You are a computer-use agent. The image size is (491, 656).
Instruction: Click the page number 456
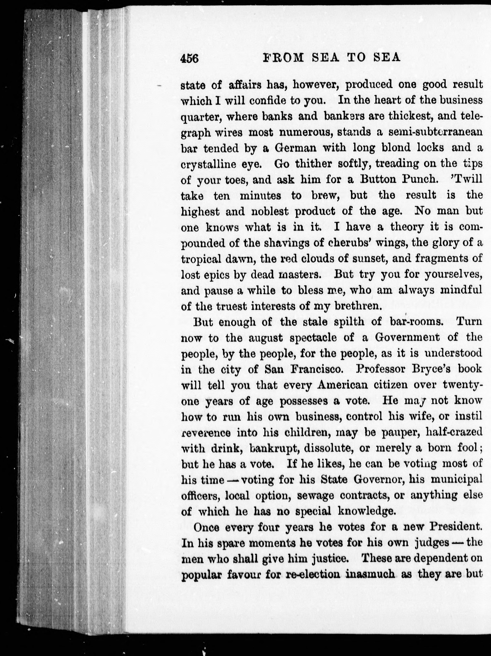coord(189,58)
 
